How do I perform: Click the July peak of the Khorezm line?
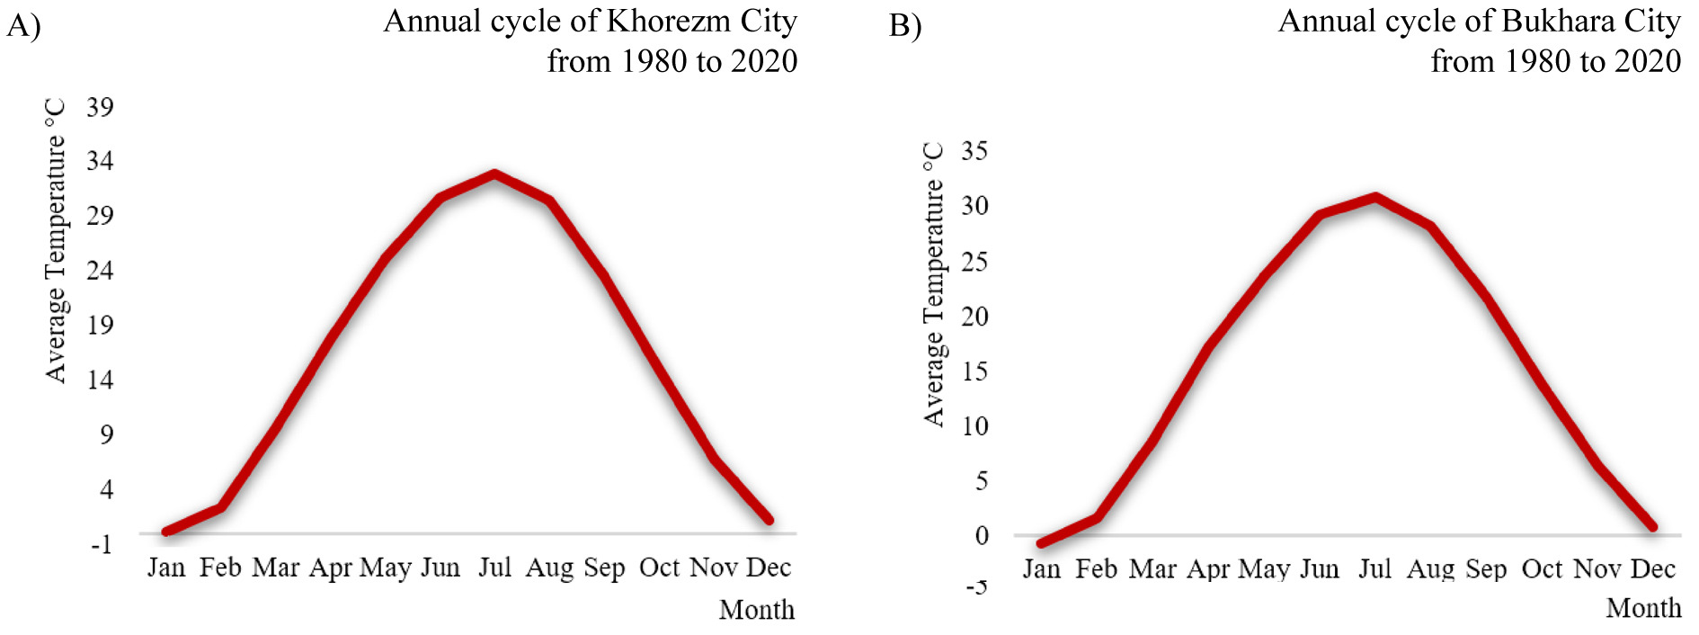pos(494,173)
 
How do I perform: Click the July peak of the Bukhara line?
pos(1374,196)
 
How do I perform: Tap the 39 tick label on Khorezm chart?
pos(100,107)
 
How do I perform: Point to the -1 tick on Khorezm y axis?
pos(102,544)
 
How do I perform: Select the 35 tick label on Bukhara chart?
pos(974,150)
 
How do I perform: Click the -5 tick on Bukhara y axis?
pos(976,587)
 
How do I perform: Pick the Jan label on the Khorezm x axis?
pos(166,568)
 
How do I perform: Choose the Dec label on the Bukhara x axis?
pos(1652,569)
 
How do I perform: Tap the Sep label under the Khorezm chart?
pos(604,568)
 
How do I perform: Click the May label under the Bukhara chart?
pos(1264,569)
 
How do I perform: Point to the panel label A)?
pos(23,25)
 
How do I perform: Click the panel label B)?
pos(905,25)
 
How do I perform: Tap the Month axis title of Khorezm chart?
pos(757,610)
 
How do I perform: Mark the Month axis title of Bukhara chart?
pos(1643,608)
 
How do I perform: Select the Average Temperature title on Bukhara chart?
pos(934,284)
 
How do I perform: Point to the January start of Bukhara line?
pos(1042,543)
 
